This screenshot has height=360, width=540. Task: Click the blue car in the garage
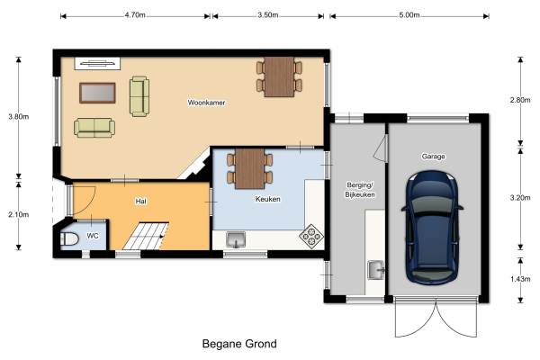point(432,228)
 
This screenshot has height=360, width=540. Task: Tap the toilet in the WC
point(69,238)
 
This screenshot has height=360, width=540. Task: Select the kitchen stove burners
point(311,237)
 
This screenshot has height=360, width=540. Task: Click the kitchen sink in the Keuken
point(236,239)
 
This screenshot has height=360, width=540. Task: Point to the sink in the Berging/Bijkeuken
point(375,270)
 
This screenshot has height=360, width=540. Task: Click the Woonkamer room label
point(206,103)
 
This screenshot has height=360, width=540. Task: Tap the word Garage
point(433,157)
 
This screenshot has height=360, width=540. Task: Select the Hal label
point(141,202)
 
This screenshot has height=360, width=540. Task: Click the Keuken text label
point(267,199)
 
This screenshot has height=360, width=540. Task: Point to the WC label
point(93,236)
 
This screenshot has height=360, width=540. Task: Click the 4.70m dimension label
point(135,15)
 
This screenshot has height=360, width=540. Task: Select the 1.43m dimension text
point(520,279)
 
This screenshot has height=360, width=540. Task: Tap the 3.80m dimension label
point(19,116)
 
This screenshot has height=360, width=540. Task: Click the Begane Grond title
point(239,344)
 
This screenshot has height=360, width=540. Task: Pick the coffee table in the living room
point(97,93)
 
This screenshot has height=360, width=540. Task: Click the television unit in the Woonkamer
point(97,63)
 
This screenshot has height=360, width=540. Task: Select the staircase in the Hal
point(146,237)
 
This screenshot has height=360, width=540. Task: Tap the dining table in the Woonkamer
point(279,76)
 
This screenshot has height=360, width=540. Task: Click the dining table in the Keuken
point(249,169)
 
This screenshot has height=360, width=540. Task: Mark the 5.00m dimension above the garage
point(409,15)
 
